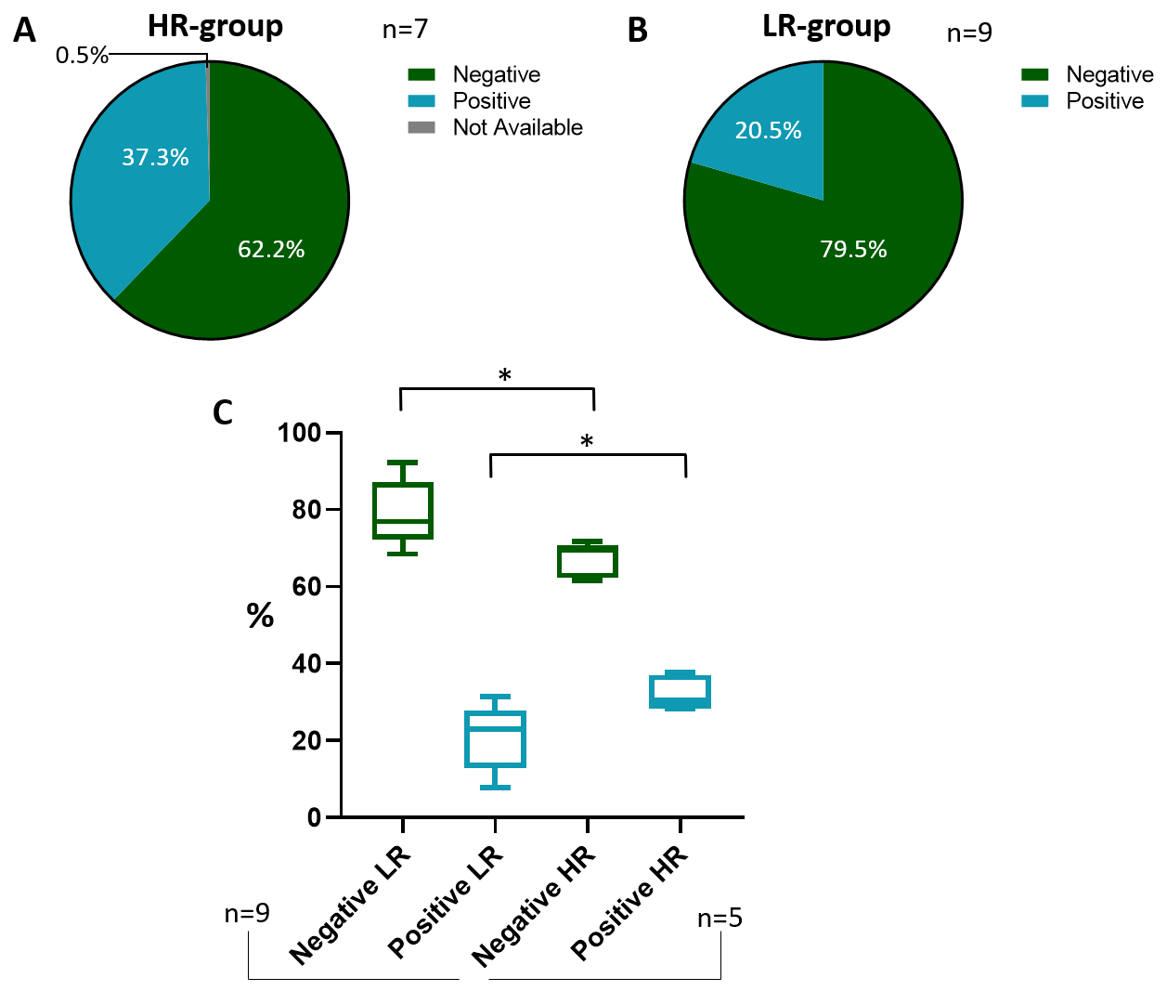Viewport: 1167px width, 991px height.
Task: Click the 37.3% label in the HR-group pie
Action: click(155, 157)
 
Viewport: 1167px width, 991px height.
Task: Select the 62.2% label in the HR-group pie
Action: click(271, 249)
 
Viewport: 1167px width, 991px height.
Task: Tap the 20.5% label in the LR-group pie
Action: click(768, 130)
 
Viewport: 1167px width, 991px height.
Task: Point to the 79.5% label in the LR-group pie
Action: click(853, 249)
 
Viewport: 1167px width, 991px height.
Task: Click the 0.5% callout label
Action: click(82, 56)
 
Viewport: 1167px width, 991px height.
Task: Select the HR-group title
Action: click(215, 26)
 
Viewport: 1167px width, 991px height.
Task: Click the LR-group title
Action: click(826, 26)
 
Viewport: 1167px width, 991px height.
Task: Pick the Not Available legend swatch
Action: click(421, 127)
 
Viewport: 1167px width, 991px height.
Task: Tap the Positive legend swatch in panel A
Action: click(421, 101)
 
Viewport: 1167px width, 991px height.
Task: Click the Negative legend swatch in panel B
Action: click(1035, 74)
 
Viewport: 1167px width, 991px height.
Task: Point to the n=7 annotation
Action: click(405, 30)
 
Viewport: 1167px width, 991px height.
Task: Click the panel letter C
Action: click(222, 412)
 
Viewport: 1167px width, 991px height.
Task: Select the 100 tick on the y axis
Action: click(299, 433)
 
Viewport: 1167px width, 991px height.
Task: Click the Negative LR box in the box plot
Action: click(403, 511)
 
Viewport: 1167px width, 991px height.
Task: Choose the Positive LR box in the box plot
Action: click(495, 738)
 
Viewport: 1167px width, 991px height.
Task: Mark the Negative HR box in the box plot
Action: click(588, 561)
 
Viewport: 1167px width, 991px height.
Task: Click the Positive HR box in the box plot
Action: click(681, 692)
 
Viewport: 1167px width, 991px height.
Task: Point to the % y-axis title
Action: click(260, 615)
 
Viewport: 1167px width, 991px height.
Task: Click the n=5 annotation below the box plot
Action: click(720, 919)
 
